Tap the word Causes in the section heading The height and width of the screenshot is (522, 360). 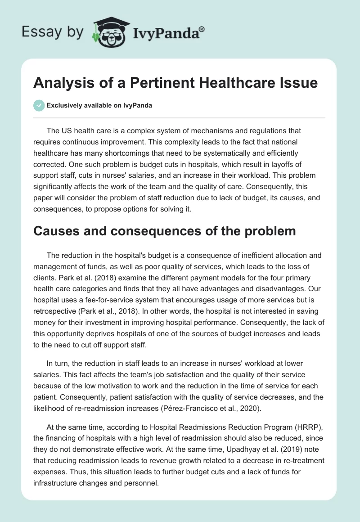(56, 231)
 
